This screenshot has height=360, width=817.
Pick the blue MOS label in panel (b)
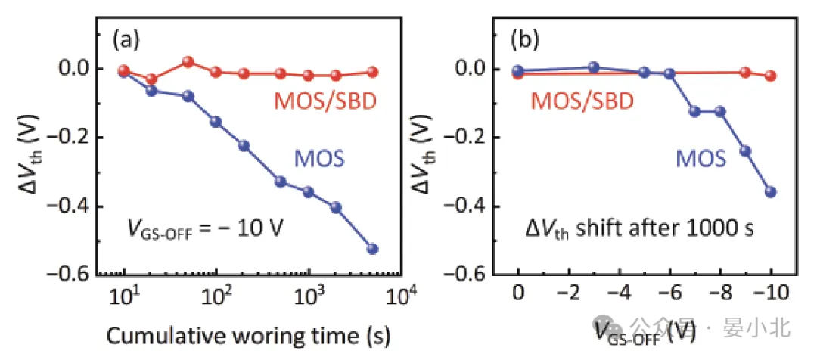[x=700, y=159]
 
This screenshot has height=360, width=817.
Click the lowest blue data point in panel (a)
[x=372, y=249]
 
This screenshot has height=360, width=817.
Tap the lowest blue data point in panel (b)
[x=771, y=192]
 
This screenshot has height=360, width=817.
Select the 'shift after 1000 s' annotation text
[x=666, y=227]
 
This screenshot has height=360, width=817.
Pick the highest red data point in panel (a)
[x=188, y=62]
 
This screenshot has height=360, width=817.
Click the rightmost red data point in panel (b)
[x=771, y=76]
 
